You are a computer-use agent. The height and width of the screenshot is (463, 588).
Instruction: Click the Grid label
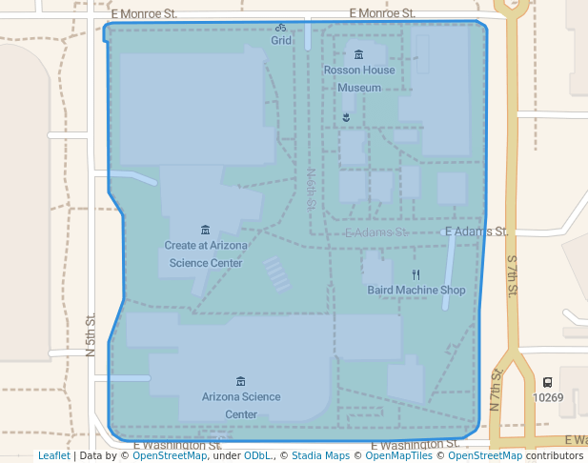(281, 41)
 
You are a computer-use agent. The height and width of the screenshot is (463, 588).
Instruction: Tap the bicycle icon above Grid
(281, 28)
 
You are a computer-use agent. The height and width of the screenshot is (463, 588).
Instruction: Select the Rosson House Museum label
(358, 79)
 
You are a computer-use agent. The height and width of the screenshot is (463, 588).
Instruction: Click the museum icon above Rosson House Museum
(358, 55)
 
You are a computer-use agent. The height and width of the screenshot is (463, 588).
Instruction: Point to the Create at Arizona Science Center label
(206, 253)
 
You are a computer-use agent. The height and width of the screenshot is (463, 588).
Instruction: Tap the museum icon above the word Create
(205, 230)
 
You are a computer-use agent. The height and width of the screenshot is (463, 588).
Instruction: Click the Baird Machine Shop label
(416, 290)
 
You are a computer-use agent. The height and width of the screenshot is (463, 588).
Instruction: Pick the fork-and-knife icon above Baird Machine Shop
(416, 274)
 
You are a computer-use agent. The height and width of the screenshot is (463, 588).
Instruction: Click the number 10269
(548, 398)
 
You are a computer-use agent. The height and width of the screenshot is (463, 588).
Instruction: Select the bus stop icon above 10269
(547, 383)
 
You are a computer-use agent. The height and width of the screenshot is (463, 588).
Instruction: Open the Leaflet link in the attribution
(53, 455)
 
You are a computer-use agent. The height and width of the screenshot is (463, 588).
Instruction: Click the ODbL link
(258, 455)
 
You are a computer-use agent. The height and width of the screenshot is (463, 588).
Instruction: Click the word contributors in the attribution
(555, 455)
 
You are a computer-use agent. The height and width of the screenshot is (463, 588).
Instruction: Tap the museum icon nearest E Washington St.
(240, 381)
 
